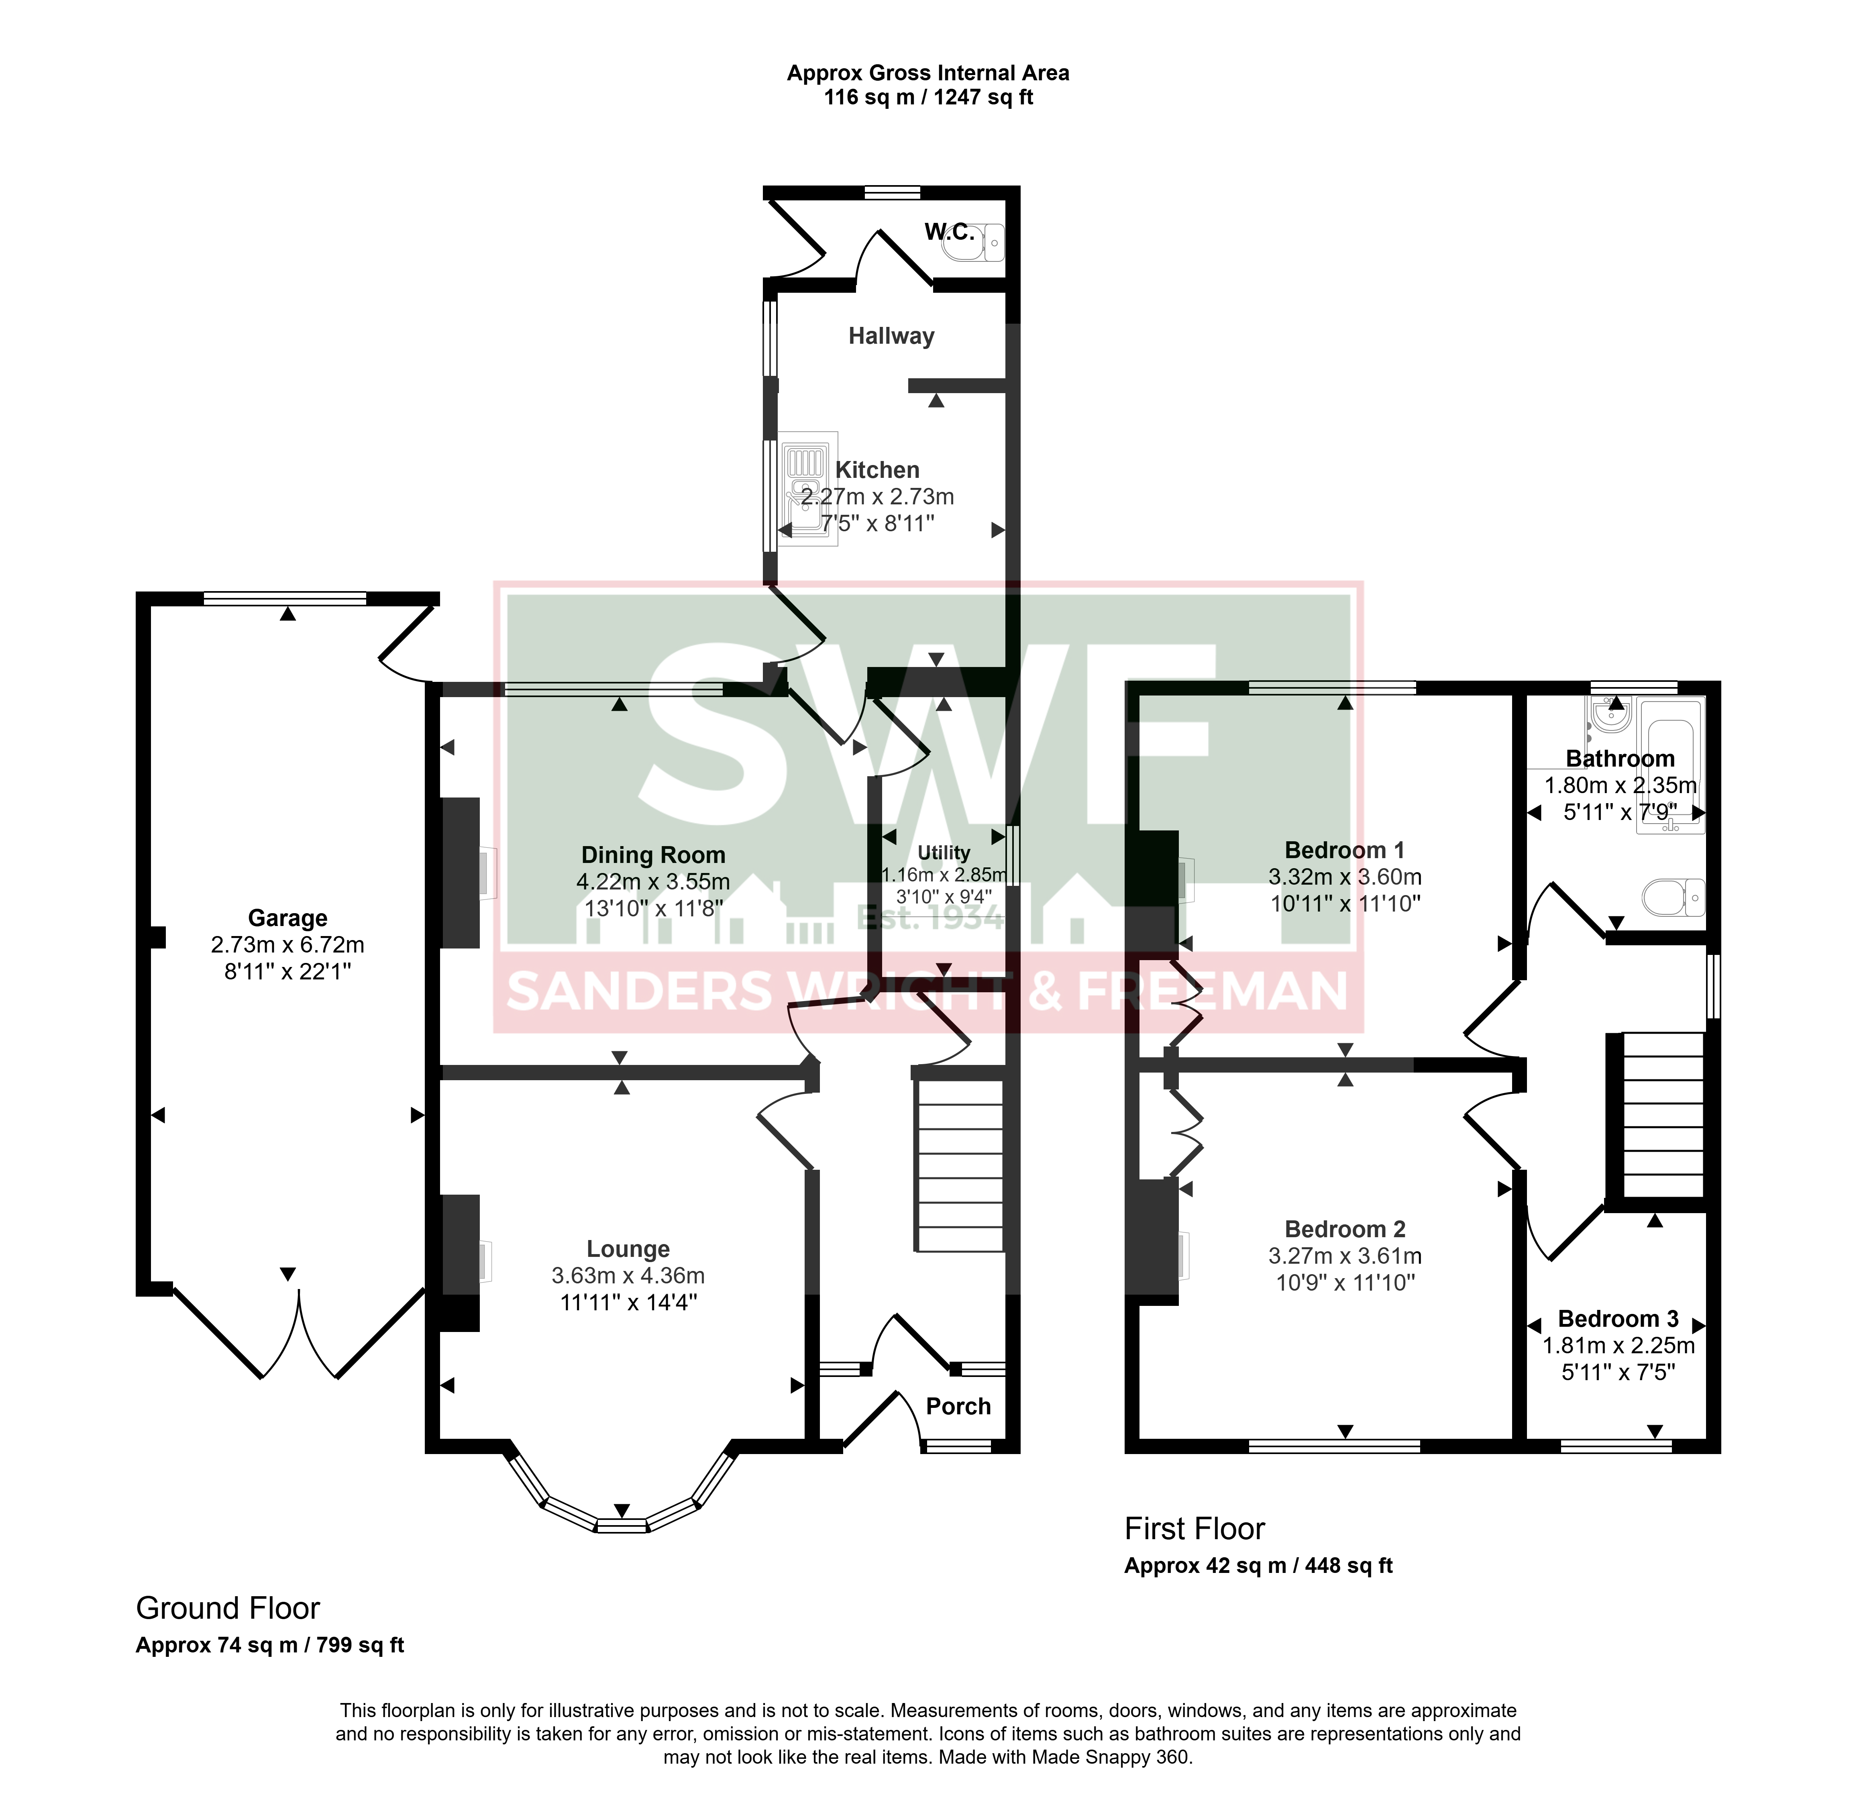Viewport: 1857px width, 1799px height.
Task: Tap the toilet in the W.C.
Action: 973,243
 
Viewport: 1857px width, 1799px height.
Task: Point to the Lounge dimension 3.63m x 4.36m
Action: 628,1276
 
